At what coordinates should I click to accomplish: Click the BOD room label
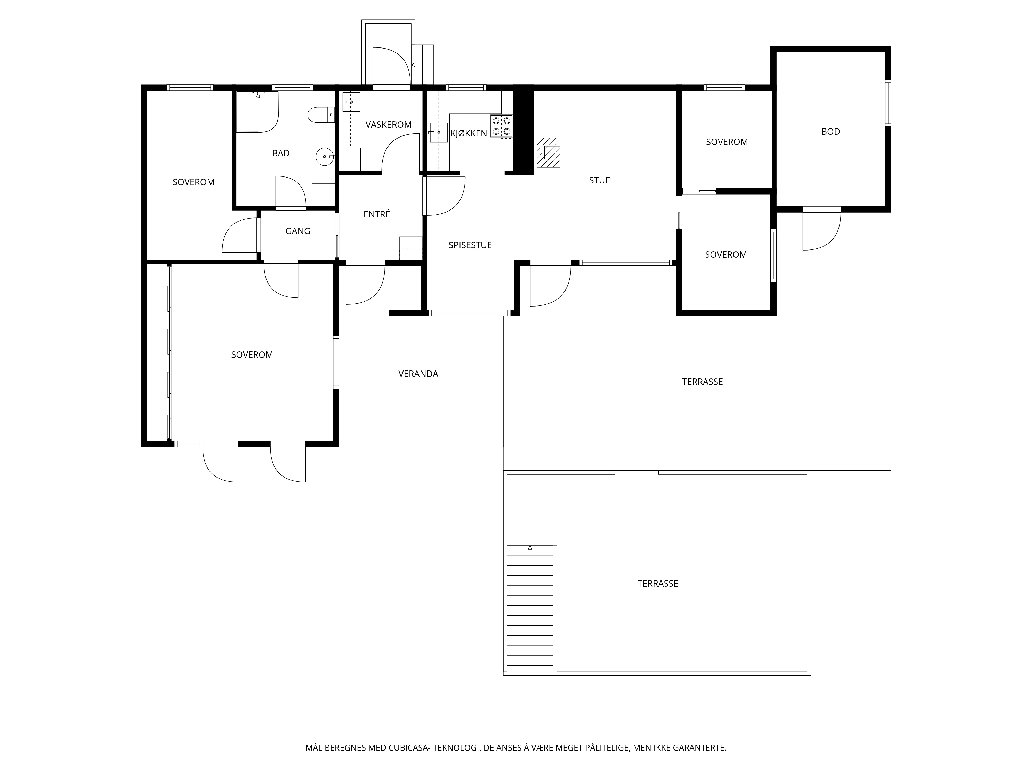click(x=831, y=132)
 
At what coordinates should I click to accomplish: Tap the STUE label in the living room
click(x=599, y=180)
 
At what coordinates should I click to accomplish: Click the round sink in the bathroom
click(x=325, y=157)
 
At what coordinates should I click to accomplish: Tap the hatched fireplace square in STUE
click(x=548, y=152)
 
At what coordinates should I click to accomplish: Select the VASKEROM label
click(x=388, y=125)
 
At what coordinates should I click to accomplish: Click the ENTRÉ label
click(x=376, y=214)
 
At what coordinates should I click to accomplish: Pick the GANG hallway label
click(x=298, y=231)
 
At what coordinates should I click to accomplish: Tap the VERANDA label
click(x=418, y=374)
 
